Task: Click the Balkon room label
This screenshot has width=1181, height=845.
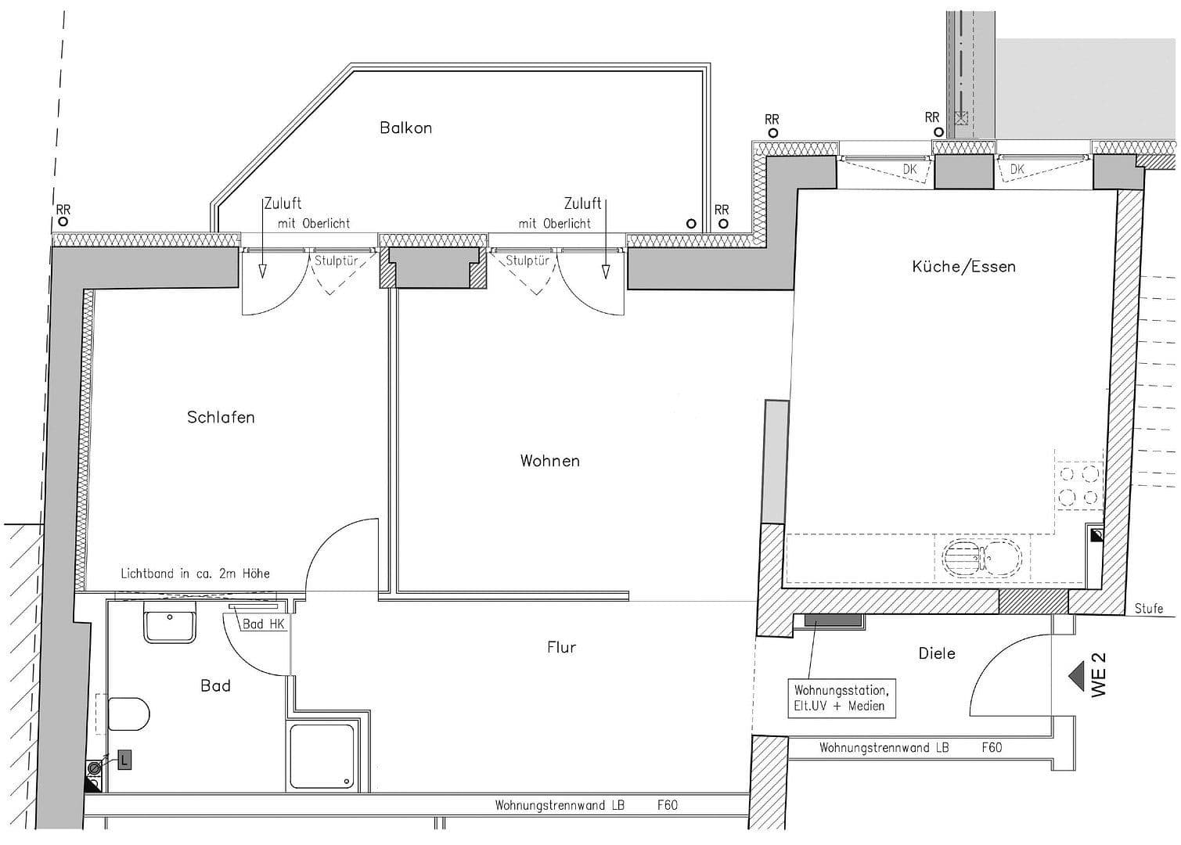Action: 405,128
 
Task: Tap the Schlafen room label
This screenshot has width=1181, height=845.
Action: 221,417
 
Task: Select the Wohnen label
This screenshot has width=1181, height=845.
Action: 549,461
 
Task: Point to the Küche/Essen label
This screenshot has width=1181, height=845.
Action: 963,267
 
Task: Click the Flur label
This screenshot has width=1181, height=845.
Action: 561,647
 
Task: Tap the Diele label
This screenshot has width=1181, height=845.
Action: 936,653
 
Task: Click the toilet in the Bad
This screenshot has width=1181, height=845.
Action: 128,714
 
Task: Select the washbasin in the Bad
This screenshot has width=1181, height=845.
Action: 169,623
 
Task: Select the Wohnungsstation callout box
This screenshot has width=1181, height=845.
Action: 841,698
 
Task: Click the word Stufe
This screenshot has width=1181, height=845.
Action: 1148,608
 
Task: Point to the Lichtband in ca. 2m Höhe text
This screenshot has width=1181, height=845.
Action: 195,574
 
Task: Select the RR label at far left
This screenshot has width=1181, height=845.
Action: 63,210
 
